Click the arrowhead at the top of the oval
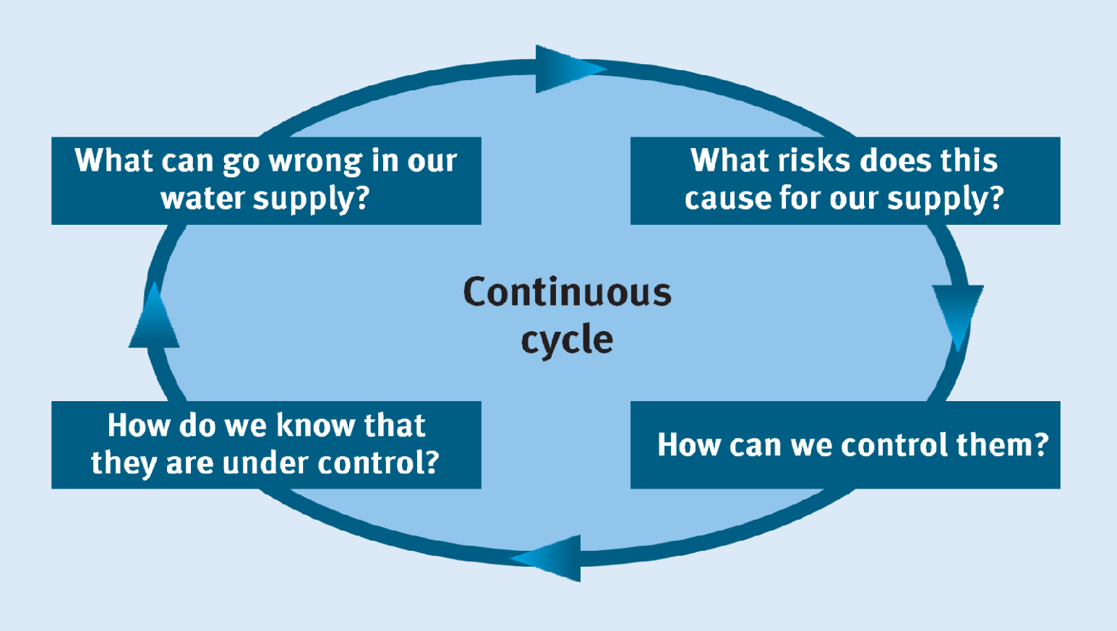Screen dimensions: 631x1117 [565, 69]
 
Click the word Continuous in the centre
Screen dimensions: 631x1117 [567, 292]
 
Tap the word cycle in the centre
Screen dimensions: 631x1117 [567, 340]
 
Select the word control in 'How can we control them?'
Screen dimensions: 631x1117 [894, 445]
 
